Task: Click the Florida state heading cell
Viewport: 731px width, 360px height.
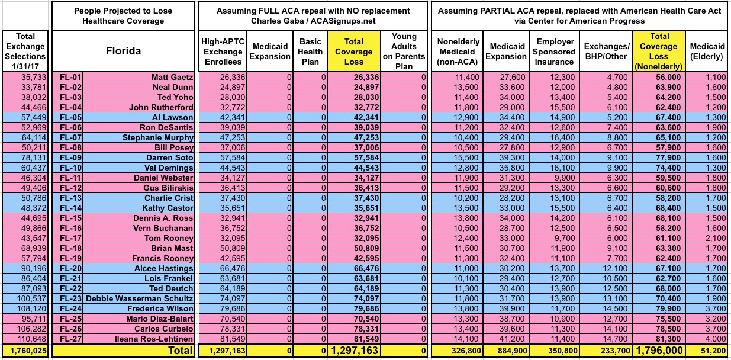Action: point(123,50)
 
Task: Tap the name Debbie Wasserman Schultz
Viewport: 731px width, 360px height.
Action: point(141,299)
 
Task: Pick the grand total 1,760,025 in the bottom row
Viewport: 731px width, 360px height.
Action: point(25,350)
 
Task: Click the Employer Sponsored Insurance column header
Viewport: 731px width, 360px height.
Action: point(555,51)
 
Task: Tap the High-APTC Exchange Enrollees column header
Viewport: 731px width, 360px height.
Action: point(223,51)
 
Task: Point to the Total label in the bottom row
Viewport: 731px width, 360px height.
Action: point(180,350)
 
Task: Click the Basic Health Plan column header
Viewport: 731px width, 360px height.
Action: point(310,51)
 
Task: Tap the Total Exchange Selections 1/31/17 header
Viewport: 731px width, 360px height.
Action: point(25,51)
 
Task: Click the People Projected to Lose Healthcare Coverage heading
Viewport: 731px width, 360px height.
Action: point(123,16)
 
